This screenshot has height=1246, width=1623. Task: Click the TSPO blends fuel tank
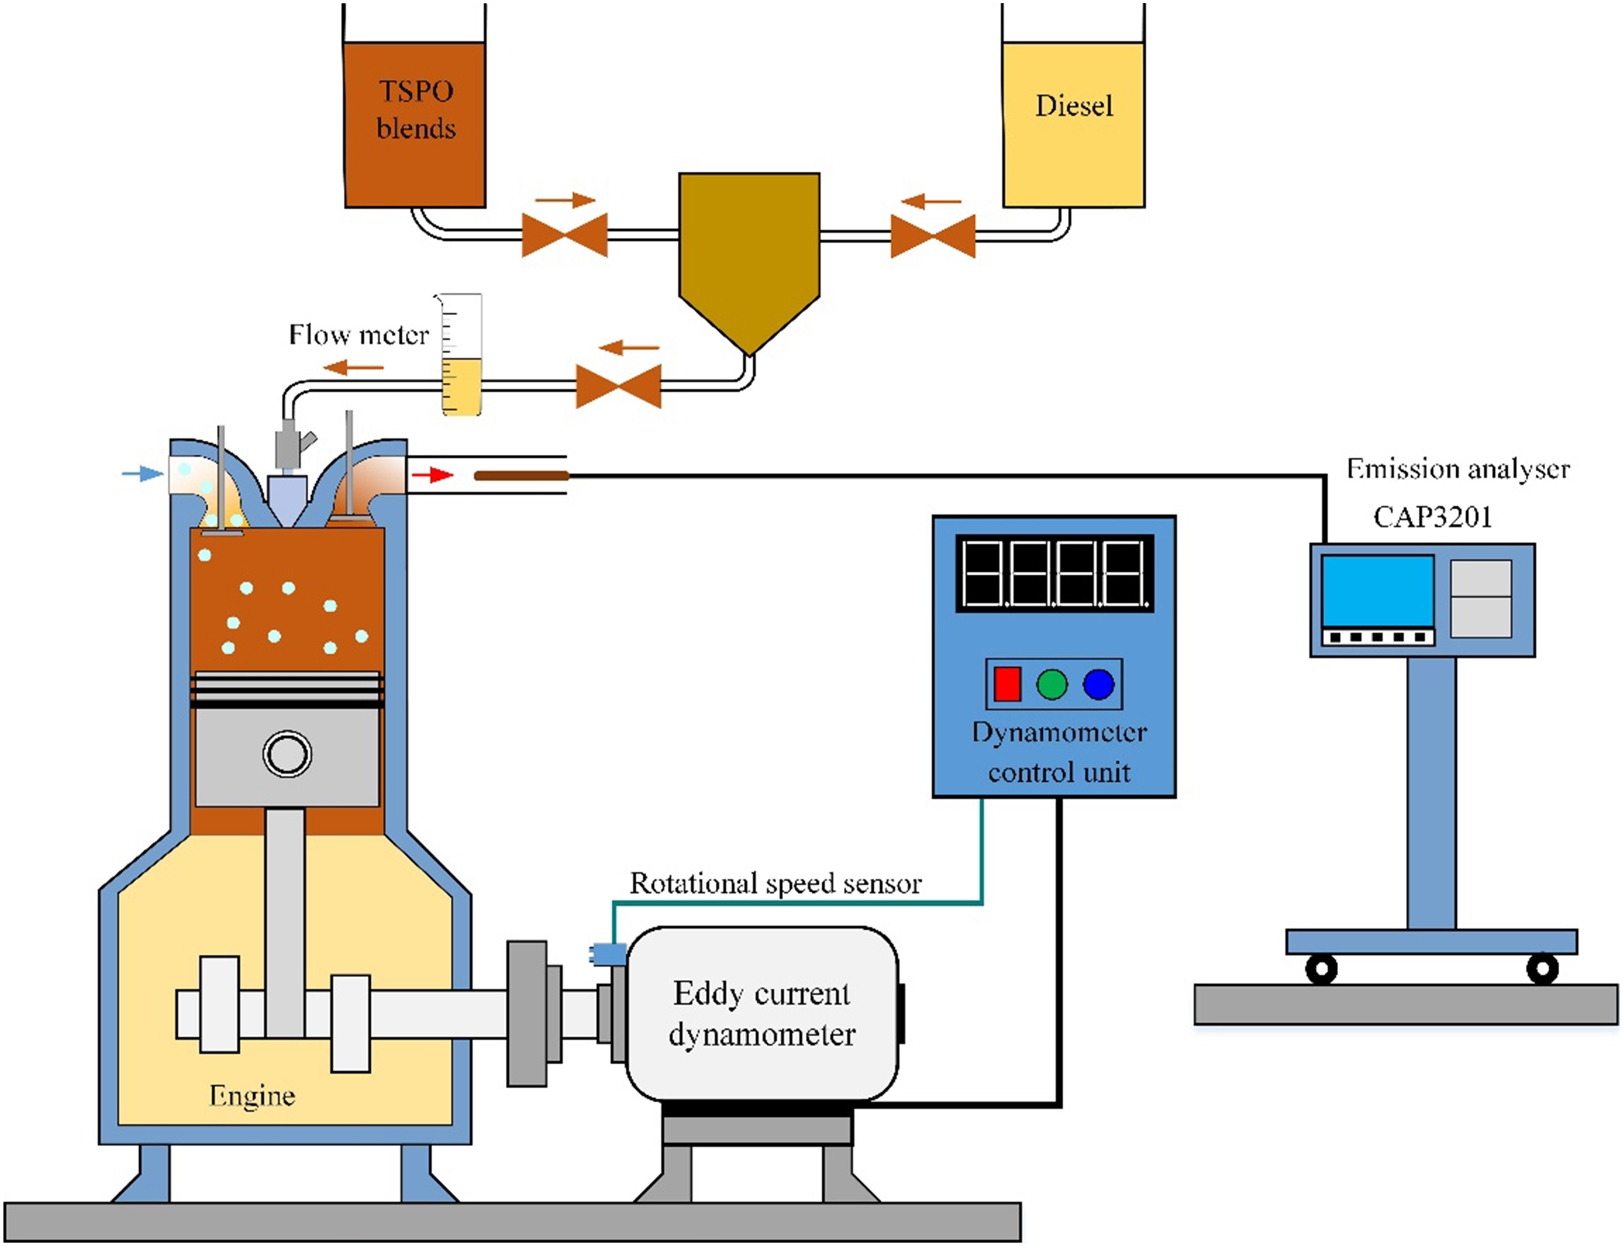coord(415,124)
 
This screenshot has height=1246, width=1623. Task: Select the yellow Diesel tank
coord(1073,124)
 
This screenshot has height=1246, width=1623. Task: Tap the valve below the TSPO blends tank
coord(565,235)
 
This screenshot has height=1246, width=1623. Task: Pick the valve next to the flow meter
coord(618,385)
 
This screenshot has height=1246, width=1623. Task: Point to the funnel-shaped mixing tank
coord(749,264)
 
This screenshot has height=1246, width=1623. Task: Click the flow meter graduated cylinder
coord(461,354)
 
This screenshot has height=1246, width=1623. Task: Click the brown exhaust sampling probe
coord(522,476)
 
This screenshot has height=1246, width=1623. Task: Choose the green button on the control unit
coord(1052,684)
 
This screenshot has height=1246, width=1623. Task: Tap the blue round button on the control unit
coord(1099,684)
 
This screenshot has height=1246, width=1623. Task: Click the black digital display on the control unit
coord(1055,573)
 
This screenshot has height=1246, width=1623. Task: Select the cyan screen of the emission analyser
coord(1377,591)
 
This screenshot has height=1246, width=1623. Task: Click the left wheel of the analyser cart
coord(1321,968)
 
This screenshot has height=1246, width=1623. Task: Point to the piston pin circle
coord(287,754)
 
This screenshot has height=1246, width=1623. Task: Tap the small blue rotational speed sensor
coord(608,953)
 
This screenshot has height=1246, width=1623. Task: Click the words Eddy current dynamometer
coord(762,1014)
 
